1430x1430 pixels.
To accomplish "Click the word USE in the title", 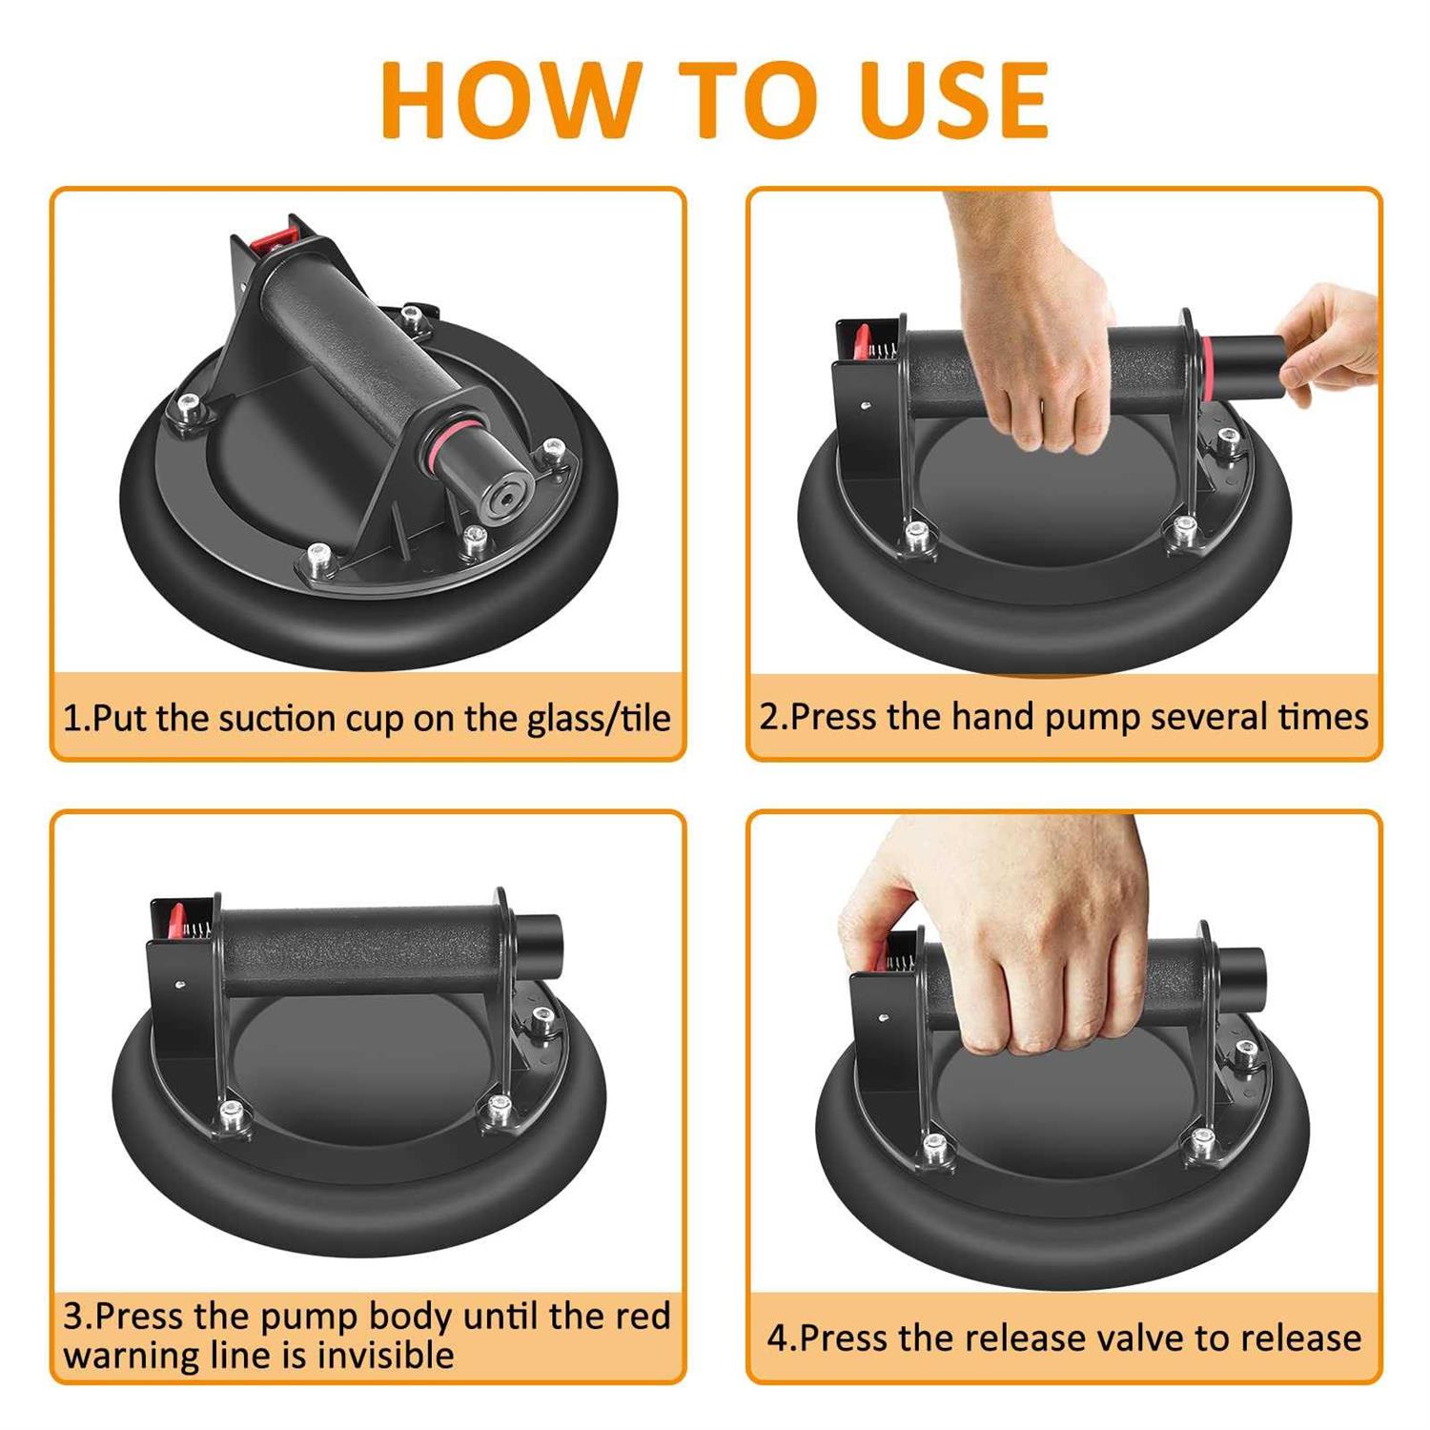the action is click(x=954, y=100).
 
